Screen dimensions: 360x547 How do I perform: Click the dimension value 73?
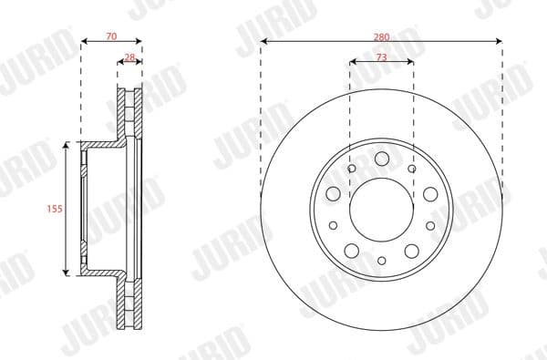pos(381,57)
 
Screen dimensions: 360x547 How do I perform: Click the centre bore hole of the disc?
pos(381,209)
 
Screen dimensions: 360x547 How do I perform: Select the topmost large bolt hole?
pos(381,160)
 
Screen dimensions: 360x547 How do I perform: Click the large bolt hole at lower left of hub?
pos(351,252)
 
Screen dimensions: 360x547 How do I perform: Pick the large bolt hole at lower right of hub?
pos(411,252)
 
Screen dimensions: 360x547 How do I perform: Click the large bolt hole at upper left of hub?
pos(333,194)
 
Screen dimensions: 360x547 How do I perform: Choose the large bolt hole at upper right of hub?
pos(429,194)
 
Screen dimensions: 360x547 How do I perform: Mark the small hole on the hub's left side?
pos(333,225)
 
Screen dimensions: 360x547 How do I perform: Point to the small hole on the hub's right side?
pos(429,225)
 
